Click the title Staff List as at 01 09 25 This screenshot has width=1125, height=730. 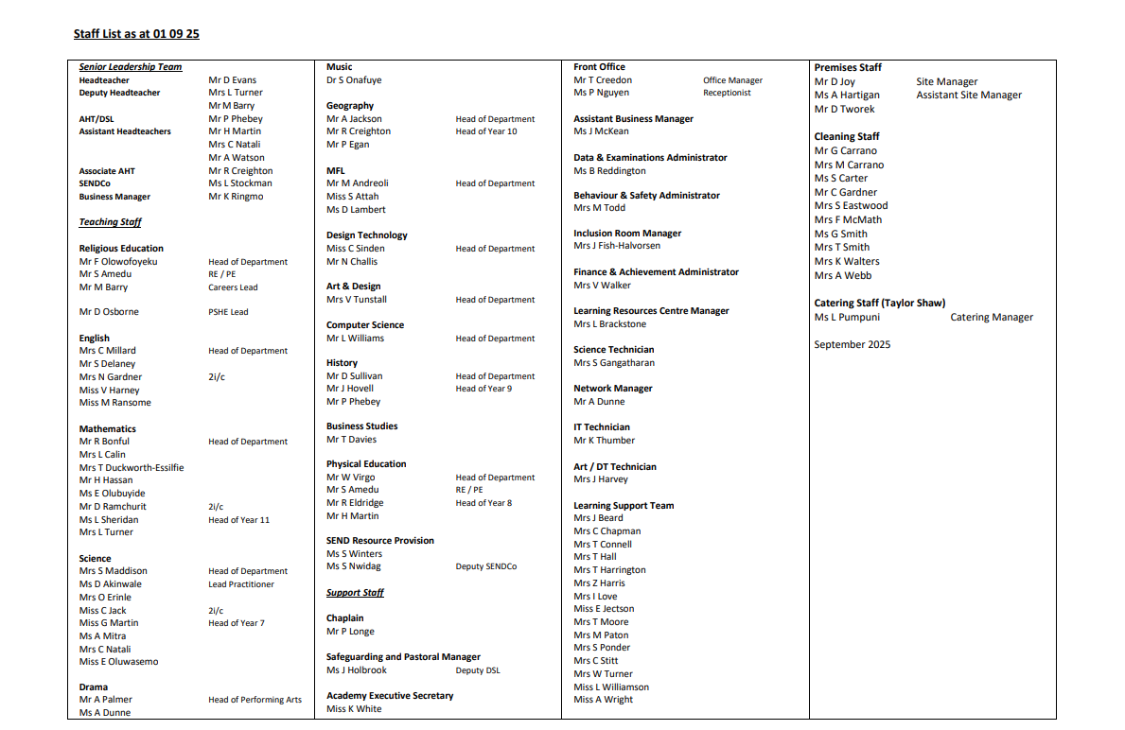[136, 34]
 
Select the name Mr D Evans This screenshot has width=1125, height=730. [232, 80]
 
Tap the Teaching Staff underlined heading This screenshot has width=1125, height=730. [110, 222]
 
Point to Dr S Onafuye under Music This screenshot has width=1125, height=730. [354, 80]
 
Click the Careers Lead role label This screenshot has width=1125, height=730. [233, 287]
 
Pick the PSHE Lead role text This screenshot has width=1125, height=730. [229, 312]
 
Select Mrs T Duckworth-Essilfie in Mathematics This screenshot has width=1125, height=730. [132, 467]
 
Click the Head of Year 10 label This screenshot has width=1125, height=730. [486, 131]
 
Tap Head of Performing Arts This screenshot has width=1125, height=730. [255, 700]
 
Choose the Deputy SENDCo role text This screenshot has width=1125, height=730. [485, 566]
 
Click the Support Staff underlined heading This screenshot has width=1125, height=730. [355, 593]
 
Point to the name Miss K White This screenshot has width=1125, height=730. [354, 709]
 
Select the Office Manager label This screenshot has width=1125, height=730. [732, 80]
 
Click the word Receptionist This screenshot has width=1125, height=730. [727, 93]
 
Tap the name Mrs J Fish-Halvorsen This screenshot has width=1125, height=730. [617, 246]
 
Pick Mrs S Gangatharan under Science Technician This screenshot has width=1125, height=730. [614, 363]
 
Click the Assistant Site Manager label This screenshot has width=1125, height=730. [969, 95]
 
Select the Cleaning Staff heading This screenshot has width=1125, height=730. [847, 136]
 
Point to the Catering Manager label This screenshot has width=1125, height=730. [992, 318]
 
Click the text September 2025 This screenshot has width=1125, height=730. [852, 344]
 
